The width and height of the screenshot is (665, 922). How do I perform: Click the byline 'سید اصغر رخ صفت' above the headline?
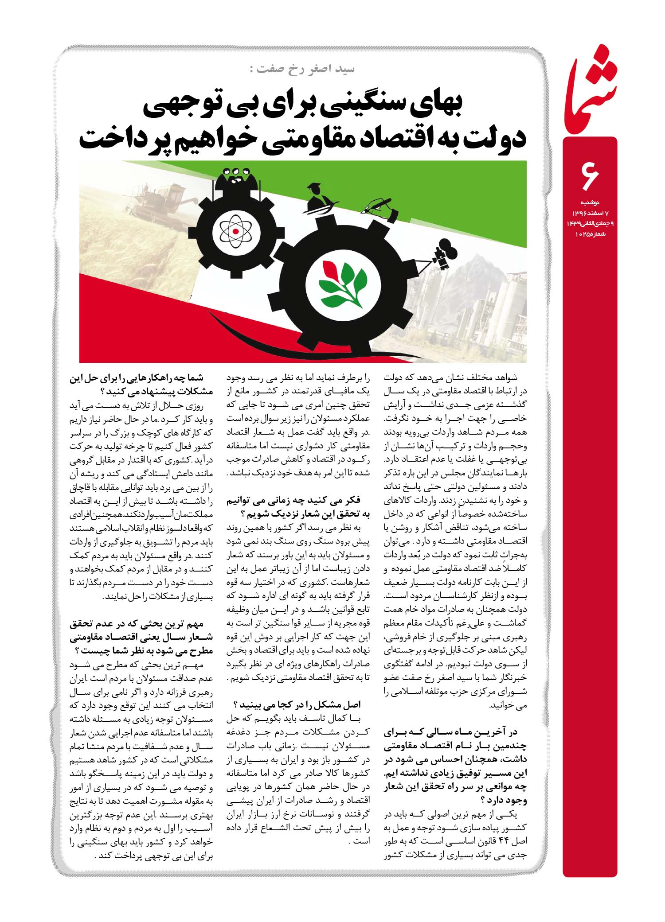click(301, 69)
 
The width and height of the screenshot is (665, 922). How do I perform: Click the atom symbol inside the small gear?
click(235, 231)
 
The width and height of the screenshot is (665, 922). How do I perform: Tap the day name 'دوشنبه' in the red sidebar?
click(590, 203)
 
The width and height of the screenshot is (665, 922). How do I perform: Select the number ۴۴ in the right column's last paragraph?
click(507, 853)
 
